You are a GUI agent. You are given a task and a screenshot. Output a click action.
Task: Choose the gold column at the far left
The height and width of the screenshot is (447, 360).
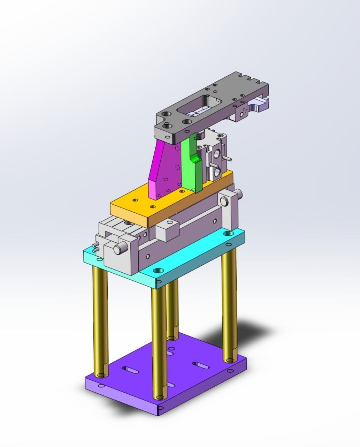click(100, 321)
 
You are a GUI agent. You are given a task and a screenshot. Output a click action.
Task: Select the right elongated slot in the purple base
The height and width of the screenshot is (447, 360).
click(201, 365)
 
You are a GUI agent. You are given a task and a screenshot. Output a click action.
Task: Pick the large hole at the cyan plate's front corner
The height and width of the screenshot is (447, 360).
click(159, 271)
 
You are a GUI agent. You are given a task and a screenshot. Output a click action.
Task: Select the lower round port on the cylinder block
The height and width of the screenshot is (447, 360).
click(216, 171)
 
